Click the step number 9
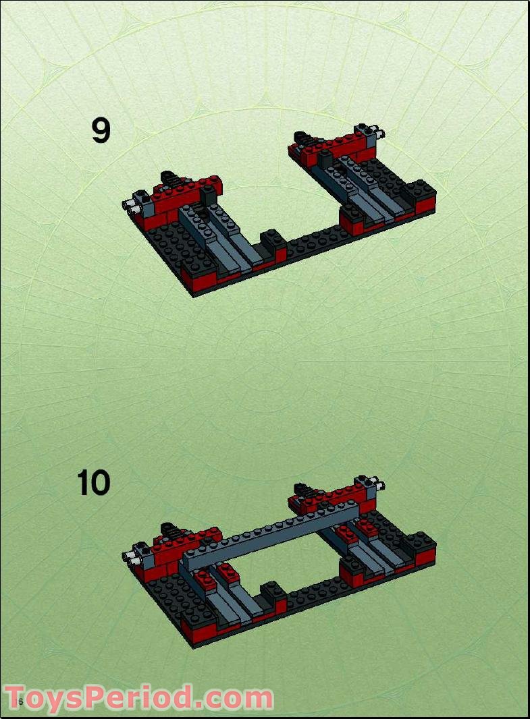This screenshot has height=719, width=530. [x=101, y=131]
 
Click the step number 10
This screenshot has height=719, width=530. [x=93, y=483]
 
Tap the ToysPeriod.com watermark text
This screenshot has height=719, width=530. [x=138, y=697]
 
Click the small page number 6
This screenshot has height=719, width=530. [x=20, y=702]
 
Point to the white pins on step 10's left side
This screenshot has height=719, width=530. [x=130, y=557]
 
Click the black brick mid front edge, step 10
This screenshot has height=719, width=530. [x=273, y=592]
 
